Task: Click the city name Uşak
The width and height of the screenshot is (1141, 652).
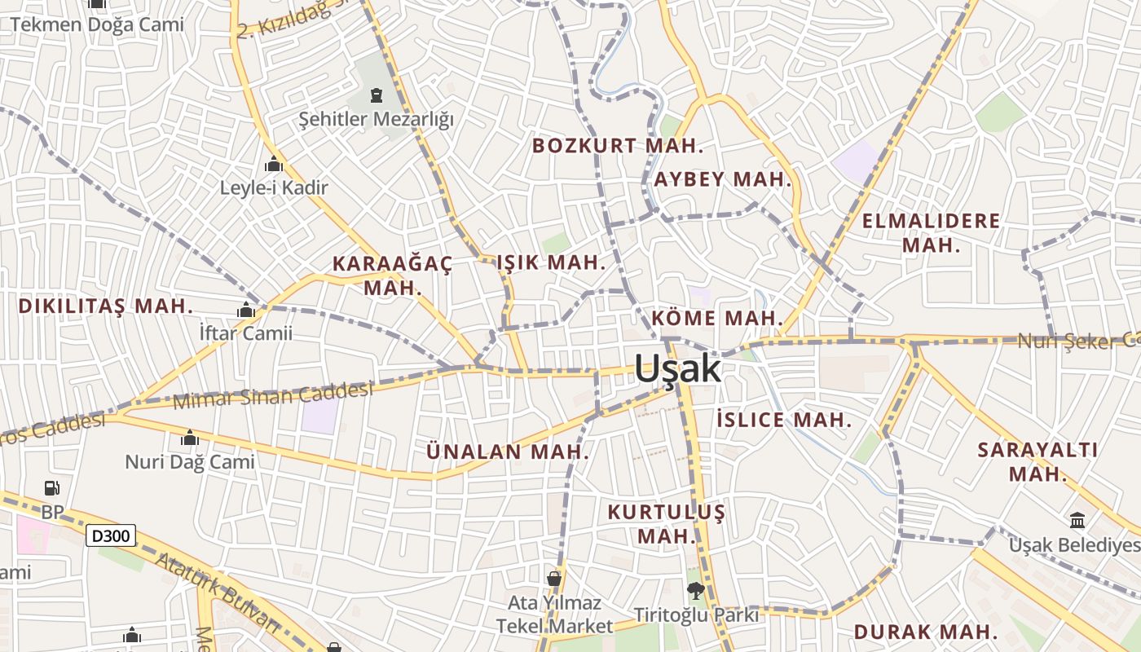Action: pyautogui.click(x=677, y=369)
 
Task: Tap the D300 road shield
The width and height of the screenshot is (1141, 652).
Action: pyautogui.click(x=111, y=535)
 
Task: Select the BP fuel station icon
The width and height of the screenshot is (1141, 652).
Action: pyautogui.click(x=52, y=488)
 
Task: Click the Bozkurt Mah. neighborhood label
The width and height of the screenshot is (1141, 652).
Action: pyautogui.click(x=618, y=146)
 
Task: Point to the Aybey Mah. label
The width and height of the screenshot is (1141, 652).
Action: pyautogui.click(x=722, y=179)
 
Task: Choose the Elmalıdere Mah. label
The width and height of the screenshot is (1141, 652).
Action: pyautogui.click(x=931, y=232)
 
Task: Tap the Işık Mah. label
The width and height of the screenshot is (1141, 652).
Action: pyautogui.click(x=551, y=262)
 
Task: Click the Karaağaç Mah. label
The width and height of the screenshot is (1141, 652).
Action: pyautogui.click(x=392, y=275)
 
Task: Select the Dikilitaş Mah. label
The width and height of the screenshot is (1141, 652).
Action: pyautogui.click(x=105, y=306)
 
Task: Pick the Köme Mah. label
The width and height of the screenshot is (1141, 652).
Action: pyautogui.click(x=717, y=318)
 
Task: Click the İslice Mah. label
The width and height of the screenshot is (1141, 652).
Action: pyautogui.click(x=783, y=421)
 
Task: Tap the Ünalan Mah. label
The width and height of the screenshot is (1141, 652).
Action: pyautogui.click(x=508, y=451)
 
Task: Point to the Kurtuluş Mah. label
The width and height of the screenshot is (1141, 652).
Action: pyautogui.click(x=666, y=524)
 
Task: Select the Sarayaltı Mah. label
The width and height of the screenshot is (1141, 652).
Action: pyautogui.click(x=1037, y=461)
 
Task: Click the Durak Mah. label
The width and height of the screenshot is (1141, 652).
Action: pyautogui.click(x=926, y=632)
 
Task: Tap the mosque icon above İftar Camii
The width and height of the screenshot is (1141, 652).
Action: pyautogui.click(x=245, y=310)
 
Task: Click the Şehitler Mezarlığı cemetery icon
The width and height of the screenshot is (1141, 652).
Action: pyautogui.click(x=376, y=96)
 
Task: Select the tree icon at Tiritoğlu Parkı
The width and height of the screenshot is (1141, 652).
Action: pyautogui.click(x=695, y=591)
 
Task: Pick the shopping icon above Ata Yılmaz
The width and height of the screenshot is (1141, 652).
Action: pyautogui.click(x=554, y=579)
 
